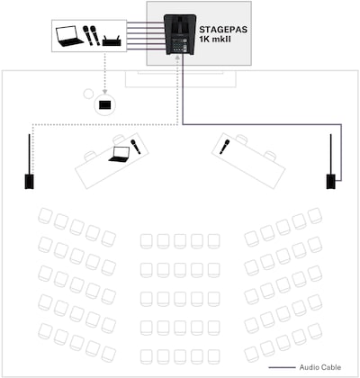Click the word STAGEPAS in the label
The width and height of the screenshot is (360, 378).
(223, 30)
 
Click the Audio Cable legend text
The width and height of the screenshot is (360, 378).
(320, 367)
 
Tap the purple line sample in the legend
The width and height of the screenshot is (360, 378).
(282, 367)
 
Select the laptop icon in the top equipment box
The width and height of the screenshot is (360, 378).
(69, 36)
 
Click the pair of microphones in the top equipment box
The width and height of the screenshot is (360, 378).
(92, 36)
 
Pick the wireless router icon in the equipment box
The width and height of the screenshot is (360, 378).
(112, 40)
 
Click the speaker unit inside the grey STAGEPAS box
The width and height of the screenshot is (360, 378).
(180, 34)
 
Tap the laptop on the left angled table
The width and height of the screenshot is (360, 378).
(120, 155)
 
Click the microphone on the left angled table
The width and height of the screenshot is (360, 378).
(135, 147)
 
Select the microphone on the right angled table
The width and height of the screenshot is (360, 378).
(224, 147)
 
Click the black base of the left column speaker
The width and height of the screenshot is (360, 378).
(29, 182)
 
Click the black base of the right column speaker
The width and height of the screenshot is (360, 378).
(331, 182)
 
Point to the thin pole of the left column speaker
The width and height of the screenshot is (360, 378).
(29, 154)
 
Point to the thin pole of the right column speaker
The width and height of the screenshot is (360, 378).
(331, 154)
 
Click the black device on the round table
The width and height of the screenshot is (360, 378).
(105, 104)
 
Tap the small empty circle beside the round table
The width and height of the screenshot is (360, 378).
(88, 94)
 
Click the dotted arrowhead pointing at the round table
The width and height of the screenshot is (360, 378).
(104, 92)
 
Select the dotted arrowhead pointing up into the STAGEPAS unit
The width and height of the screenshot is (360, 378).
(177, 58)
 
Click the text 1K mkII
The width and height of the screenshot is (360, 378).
(215, 39)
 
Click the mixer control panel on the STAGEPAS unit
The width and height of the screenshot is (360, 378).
(180, 46)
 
